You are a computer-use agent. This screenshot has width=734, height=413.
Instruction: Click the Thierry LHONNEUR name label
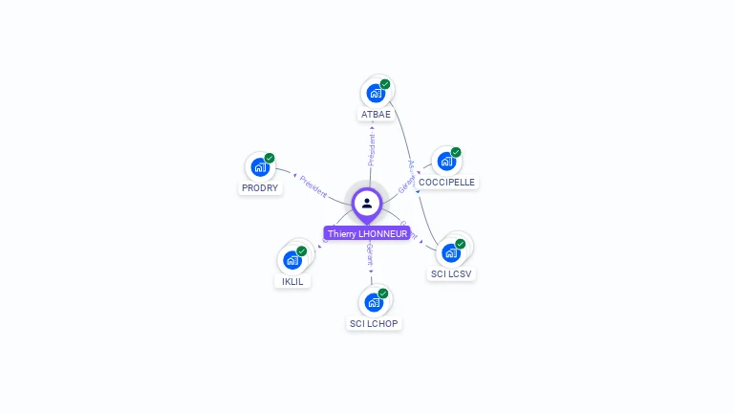[x=367, y=233]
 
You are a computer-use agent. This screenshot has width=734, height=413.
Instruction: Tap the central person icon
[x=367, y=203]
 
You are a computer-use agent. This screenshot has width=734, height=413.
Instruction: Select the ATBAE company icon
[x=376, y=94]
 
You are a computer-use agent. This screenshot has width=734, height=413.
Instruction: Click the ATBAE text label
[x=376, y=114]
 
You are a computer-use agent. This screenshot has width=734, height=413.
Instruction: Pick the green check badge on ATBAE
[x=385, y=84]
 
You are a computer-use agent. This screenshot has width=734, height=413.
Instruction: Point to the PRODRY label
[x=260, y=187]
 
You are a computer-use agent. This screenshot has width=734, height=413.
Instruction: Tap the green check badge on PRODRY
[x=270, y=158]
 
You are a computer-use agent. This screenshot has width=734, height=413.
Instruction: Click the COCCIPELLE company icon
[x=446, y=162]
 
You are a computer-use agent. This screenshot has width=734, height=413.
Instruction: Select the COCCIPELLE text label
[x=446, y=182]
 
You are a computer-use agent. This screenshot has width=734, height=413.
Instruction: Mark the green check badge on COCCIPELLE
[x=456, y=152]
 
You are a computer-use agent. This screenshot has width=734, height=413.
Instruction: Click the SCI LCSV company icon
[x=451, y=253]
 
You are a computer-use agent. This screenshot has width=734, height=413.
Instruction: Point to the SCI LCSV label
[x=452, y=273]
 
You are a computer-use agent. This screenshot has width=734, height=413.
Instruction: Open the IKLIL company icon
[x=292, y=260]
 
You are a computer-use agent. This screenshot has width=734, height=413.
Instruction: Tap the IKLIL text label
[x=292, y=281]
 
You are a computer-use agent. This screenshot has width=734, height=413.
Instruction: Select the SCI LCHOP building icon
[x=374, y=303]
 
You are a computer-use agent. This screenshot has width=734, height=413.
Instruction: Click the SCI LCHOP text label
[x=374, y=323]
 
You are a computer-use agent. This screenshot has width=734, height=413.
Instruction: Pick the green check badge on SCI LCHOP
[x=383, y=293]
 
